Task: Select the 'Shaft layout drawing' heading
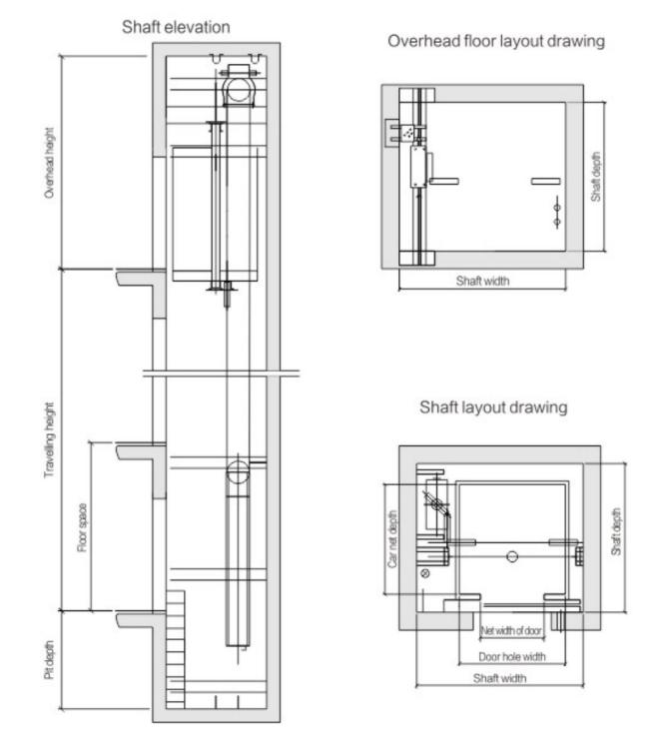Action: (x=494, y=407)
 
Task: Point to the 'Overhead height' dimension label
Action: (x=50, y=163)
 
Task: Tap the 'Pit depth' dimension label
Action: (x=50, y=661)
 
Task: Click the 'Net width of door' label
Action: (x=513, y=631)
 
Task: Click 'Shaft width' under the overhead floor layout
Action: (x=482, y=281)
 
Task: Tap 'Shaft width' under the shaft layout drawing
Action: (x=499, y=678)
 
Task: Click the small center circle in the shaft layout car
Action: (x=511, y=554)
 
